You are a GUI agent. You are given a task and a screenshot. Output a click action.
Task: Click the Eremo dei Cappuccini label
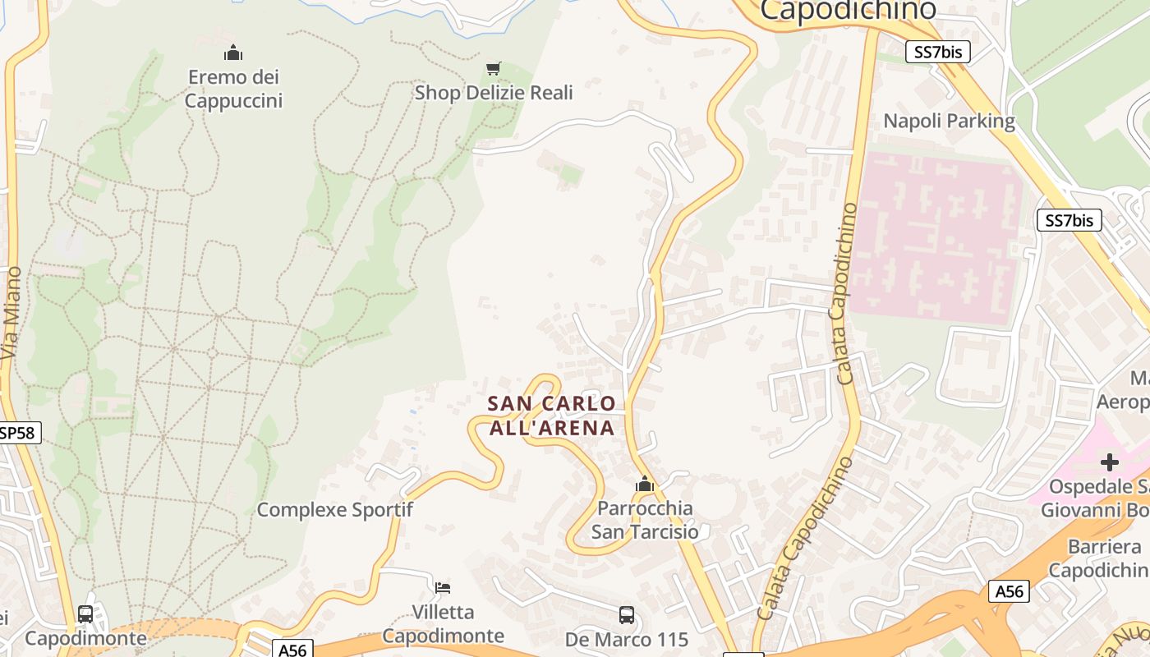coord(233,89)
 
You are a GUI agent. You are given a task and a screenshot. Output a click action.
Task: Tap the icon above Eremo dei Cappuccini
coord(233,53)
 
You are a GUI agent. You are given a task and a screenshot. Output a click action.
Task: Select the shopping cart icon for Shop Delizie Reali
coord(493,68)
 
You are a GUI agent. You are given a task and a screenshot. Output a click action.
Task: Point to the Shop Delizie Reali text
coord(494,92)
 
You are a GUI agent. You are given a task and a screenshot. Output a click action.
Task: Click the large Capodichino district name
coord(848,10)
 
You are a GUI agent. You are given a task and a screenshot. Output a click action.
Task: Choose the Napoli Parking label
coord(949,122)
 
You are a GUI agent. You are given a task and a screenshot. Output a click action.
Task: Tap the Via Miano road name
coord(11,312)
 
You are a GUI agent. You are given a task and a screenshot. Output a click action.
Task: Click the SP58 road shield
coord(18,433)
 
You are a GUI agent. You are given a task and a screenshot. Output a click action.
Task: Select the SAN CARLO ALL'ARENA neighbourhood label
coord(551,416)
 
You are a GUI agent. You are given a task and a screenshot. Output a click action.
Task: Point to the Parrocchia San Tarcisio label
coord(645,520)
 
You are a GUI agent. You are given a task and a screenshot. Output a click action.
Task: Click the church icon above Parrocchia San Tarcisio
coord(645,485)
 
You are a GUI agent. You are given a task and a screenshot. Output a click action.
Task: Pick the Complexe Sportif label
coord(334,510)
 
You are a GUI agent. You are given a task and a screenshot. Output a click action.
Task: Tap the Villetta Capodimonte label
coord(443,624)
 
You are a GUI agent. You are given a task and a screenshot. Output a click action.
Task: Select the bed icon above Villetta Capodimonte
coord(443,587)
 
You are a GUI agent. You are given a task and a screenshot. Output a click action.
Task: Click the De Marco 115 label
coord(627,639)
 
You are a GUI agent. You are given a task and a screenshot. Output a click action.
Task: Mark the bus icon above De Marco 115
coord(627,614)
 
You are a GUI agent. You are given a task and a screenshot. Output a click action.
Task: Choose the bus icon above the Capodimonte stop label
coord(85,613)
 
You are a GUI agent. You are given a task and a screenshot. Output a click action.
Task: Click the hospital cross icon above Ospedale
coord(1110,462)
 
